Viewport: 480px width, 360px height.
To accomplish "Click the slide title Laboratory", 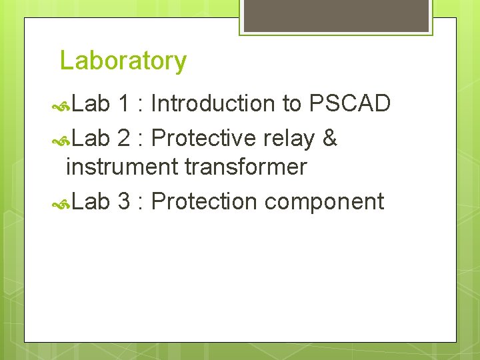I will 123,61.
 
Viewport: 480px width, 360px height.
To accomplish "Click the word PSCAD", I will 349,104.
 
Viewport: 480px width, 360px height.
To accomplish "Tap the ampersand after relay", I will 329,139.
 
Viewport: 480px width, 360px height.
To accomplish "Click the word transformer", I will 245,167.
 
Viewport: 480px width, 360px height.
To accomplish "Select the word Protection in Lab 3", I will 204,201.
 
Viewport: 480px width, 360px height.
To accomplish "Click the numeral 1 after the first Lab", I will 123,104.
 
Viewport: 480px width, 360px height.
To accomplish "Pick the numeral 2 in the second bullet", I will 123,139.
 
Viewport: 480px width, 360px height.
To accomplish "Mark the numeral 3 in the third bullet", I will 123,201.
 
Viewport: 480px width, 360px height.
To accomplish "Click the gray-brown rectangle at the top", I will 335,15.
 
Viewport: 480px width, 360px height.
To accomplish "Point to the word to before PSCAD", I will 291,105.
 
